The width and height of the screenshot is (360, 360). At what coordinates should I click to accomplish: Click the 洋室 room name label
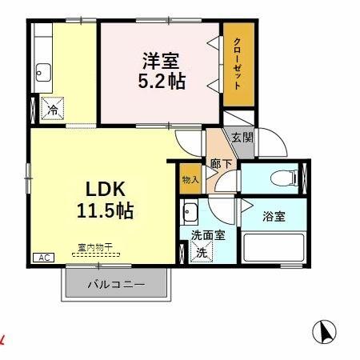coord(160,61)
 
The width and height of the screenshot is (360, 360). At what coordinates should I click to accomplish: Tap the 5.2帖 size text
coord(160,81)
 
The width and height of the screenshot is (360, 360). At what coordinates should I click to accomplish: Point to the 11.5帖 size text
coord(105,212)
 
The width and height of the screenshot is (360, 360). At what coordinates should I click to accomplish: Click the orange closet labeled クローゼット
coord(237,66)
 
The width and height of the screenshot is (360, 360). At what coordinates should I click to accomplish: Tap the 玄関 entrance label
coord(242,138)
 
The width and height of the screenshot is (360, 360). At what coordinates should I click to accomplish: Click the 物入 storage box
coord(190,179)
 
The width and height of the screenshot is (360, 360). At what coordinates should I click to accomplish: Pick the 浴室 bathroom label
coord(273,215)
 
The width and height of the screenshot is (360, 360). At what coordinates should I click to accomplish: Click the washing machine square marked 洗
coord(204,252)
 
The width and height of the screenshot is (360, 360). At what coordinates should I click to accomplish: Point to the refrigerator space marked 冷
coord(51,107)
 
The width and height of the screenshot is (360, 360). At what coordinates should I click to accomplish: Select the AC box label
coord(42,258)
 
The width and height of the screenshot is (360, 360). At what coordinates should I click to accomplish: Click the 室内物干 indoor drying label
coord(94,247)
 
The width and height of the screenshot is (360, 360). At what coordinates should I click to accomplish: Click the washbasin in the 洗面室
coord(191,214)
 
